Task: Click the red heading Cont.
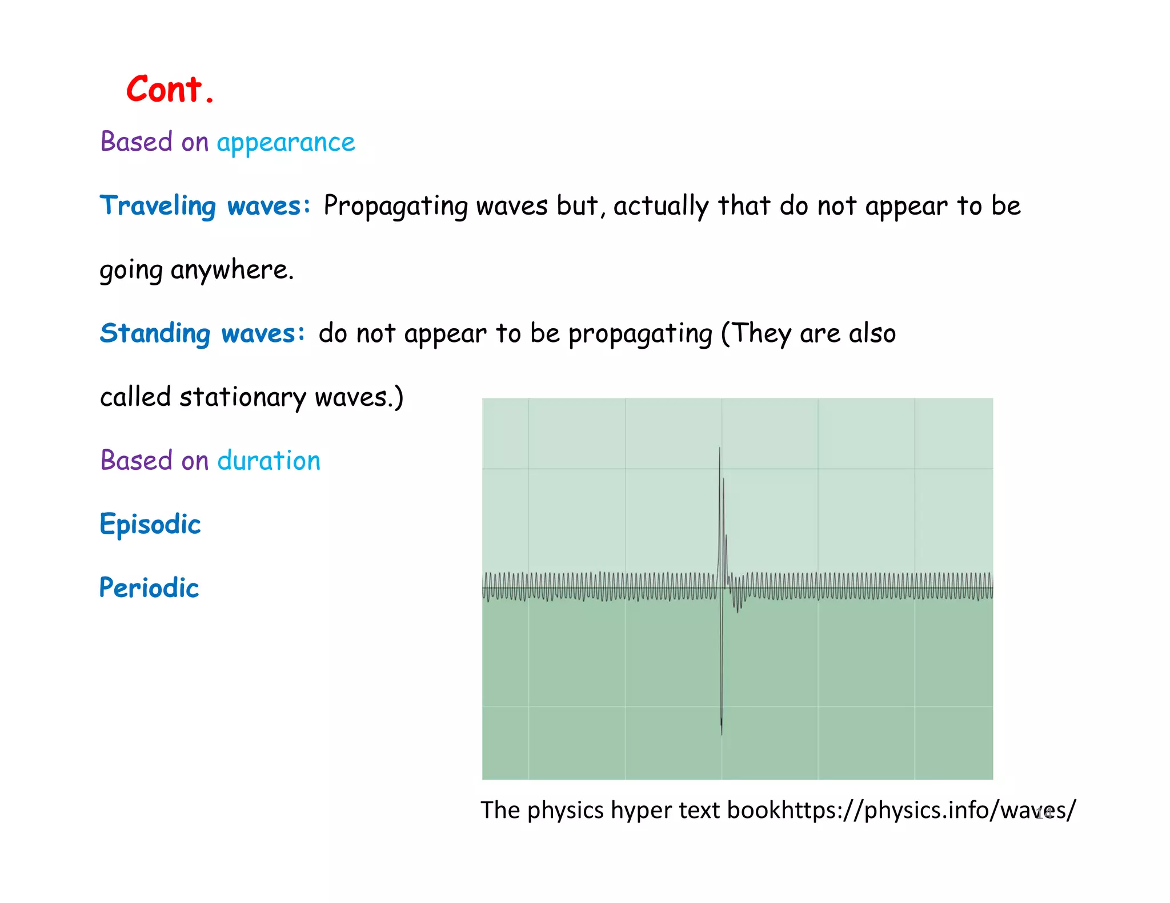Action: point(170,90)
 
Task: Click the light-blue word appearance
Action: point(286,143)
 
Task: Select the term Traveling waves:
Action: point(205,206)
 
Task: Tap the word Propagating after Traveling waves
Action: point(395,206)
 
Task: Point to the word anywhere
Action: point(232,270)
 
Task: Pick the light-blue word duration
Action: point(269,461)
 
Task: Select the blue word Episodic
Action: point(150,525)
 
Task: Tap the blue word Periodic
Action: point(149,588)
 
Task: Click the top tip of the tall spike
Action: point(719,449)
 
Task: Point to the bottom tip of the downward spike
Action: point(722,733)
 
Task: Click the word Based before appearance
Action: point(137,142)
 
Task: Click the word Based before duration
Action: point(137,461)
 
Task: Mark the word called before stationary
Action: point(135,397)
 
